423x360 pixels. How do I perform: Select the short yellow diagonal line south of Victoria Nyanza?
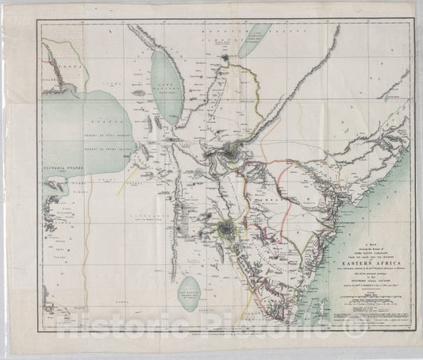tap(120, 190)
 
